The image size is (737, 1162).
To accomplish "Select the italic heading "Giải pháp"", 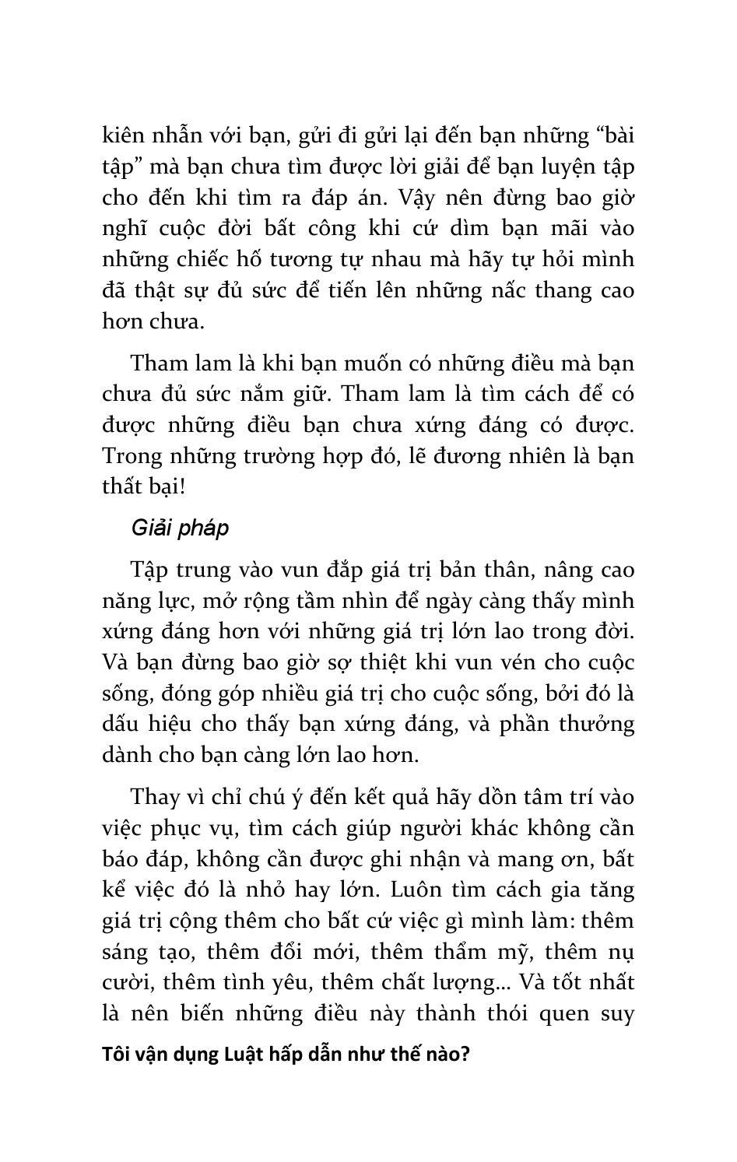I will pos(180,528).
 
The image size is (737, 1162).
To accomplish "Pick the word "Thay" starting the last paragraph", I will pos(156,797).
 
